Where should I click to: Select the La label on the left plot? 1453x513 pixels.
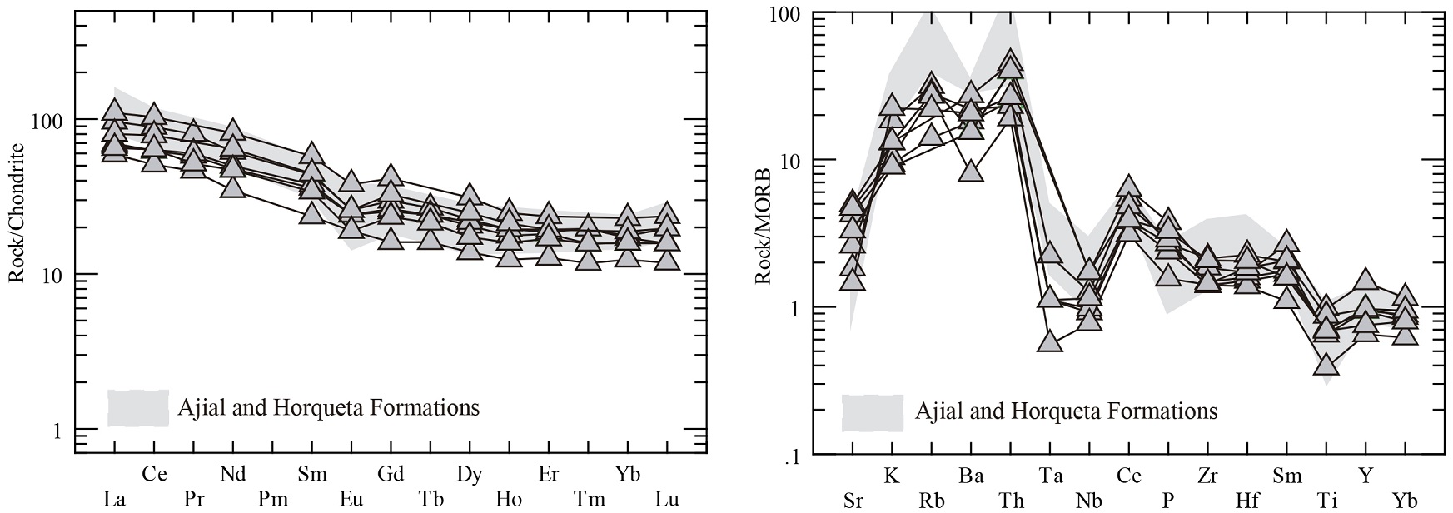[114, 500]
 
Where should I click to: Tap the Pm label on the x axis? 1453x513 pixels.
[271, 500]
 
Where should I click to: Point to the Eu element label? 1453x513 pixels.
[351, 500]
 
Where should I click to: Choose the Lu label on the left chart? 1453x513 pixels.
[666, 500]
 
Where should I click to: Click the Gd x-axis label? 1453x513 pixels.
[391, 475]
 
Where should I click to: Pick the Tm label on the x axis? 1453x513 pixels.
[589, 500]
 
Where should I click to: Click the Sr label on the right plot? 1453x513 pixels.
[853, 501]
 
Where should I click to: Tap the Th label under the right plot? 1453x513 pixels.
[1011, 501]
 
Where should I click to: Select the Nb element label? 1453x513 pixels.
[1089, 501]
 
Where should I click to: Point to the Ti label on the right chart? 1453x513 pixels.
[1327, 501]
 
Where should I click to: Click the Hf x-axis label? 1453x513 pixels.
[1247, 501]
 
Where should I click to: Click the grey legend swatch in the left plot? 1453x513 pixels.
[138, 408]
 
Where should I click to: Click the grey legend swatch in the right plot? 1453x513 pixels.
[873, 412]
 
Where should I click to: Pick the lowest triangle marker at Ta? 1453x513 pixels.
[1050, 341]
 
